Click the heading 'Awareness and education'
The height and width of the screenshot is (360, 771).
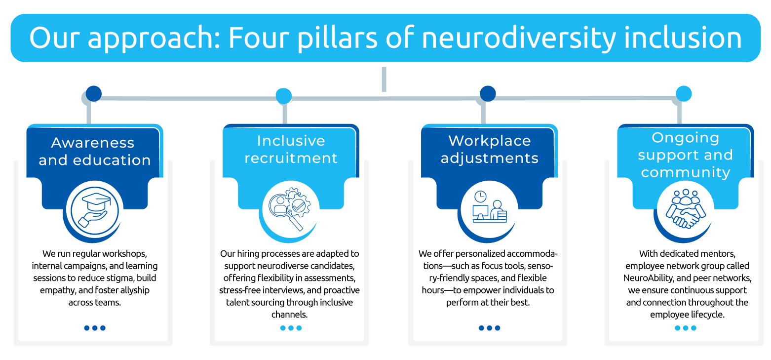[94, 151]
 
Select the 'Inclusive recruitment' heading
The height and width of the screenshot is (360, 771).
[291, 150]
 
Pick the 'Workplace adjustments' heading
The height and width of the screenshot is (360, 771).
[489, 150]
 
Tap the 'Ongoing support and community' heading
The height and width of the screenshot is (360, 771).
[685, 155]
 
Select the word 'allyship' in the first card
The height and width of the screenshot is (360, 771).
[133, 290]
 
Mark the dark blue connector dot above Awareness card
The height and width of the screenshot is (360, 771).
[93, 93]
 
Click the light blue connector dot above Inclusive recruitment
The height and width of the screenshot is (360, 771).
[283, 96]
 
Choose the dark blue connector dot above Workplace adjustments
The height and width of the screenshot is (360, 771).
[488, 93]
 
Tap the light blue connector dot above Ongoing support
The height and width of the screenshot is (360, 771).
[684, 94]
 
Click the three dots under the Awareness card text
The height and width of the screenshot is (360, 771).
[95, 328]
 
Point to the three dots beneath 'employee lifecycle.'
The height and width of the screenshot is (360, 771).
[685, 328]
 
